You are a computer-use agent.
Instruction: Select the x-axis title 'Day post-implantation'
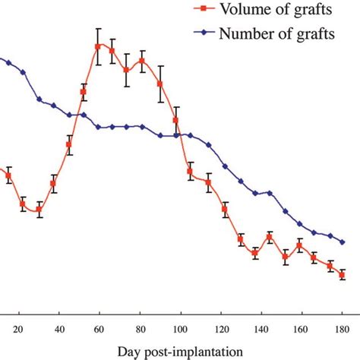click(x=180, y=351)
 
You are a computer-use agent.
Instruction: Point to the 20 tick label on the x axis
click(x=17, y=330)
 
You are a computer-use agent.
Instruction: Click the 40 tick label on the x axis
click(x=59, y=330)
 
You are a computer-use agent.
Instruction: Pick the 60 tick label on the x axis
click(x=99, y=330)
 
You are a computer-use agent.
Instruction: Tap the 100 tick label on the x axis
click(x=180, y=330)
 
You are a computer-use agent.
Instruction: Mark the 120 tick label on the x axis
click(x=221, y=330)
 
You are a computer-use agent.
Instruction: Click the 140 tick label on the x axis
click(x=261, y=330)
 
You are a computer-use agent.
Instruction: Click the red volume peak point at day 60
click(x=98, y=46)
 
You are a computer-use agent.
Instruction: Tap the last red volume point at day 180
click(x=343, y=274)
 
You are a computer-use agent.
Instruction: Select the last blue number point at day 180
click(x=343, y=242)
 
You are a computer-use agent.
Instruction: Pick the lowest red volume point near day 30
click(x=39, y=210)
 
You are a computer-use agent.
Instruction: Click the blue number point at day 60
click(x=99, y=128)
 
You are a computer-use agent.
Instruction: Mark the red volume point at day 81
click(x=142, y=61)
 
